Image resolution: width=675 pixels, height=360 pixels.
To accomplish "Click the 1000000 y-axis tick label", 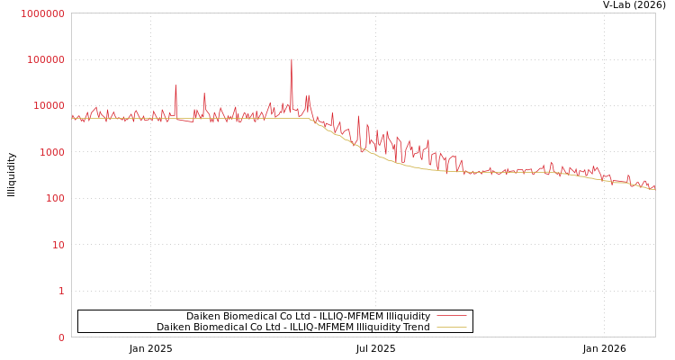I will pyautogui.click(x=42, y=13).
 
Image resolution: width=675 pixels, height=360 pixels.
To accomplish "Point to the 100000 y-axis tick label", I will pyautogui.click(x=45, y=59).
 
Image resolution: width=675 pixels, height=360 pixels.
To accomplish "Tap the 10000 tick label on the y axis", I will pyautogui.click(x=49, y=106).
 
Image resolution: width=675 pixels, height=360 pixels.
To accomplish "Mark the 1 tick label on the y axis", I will pyautogui.click(x=61, y=291).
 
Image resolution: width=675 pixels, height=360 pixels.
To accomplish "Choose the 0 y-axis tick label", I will pyautogui.click(x=61, y=337).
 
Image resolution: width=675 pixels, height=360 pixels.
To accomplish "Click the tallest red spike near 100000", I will pyautogui.click(x=292, y=60).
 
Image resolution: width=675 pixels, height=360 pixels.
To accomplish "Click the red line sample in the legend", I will pyautogui.click(x=452, y=316).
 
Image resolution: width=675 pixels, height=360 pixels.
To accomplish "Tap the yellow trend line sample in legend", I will pyautogui.click(x=452, y=327).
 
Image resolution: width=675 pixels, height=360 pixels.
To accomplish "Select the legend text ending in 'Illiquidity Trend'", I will pyautogui.click(x=292, y=327).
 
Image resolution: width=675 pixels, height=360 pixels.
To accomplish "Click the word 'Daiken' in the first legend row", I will pyautogui.click(x=203, y=316).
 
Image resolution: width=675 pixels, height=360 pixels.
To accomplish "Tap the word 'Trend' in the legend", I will pyautogui.click(x=416, y=327).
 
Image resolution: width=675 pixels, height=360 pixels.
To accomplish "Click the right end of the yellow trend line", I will pyautogui.click(x=654, y=189).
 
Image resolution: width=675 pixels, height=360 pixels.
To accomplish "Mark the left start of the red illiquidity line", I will pyautogui.click(x=72, y=116).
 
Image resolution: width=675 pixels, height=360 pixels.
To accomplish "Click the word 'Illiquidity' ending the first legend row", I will pyautogui.click(x=408, y=316).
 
